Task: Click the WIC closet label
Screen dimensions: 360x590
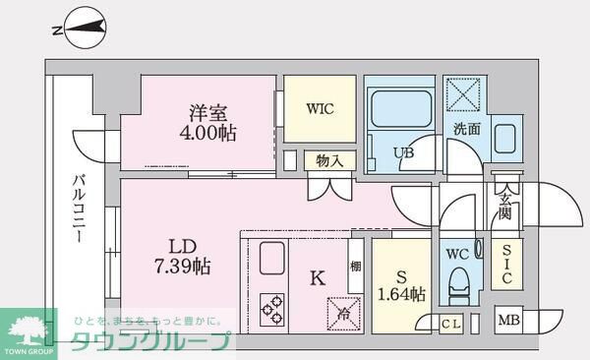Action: coord(321,108)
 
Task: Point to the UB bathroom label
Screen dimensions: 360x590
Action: coord(404,152)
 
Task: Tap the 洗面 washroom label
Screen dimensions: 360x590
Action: coord(467,129)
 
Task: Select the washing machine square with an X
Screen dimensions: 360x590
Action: coord(462,95)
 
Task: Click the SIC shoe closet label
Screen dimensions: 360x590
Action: coord(506,264)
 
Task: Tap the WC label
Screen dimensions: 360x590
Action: coord(456,253)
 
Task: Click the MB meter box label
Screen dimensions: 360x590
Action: coord(507,321)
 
